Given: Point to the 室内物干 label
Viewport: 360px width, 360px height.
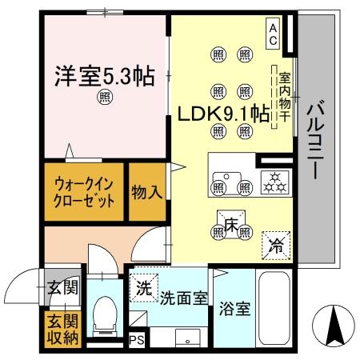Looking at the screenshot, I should click(x=283, y=97).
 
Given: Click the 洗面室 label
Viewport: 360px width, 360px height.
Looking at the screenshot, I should click(x=183, y=297).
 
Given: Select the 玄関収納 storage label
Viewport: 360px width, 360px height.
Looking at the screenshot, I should click(x=61, y=330).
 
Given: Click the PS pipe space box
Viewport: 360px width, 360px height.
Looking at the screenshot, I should click(x=137, y=340).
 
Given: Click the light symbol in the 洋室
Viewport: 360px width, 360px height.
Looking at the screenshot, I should click(x=105, y=98).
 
